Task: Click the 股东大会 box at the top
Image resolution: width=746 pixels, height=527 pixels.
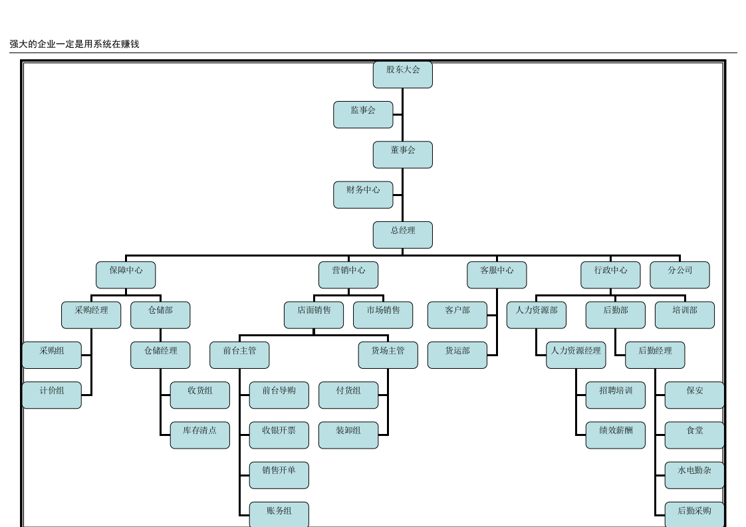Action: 402,74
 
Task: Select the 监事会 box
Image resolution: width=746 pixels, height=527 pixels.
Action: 363,114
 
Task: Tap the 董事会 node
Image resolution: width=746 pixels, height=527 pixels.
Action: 402,155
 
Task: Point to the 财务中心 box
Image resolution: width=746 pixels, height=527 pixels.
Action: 363,195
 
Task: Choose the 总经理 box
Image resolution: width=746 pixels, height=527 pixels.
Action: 402,235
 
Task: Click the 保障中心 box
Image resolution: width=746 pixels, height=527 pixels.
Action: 126,275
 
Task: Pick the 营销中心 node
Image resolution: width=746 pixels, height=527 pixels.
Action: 348,275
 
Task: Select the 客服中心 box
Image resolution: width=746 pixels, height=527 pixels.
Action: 497,275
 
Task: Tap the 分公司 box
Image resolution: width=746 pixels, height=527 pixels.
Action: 680,275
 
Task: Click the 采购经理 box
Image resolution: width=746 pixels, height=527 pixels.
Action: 91,315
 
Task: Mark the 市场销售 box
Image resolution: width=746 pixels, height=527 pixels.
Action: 383,315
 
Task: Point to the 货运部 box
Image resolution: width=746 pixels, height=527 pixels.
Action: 457,356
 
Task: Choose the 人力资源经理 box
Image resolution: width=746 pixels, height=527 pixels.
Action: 576,356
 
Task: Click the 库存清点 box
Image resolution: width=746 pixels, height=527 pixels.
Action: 200,435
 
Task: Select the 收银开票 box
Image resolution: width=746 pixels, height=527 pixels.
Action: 279,435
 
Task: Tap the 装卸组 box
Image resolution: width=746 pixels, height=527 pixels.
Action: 348,435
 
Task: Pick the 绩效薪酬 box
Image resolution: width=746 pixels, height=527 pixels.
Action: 616,435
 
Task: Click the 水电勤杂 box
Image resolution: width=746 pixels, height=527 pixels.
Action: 695,475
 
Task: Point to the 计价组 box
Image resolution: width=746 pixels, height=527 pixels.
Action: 51,395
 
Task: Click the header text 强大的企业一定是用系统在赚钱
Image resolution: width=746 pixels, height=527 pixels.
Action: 74,45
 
